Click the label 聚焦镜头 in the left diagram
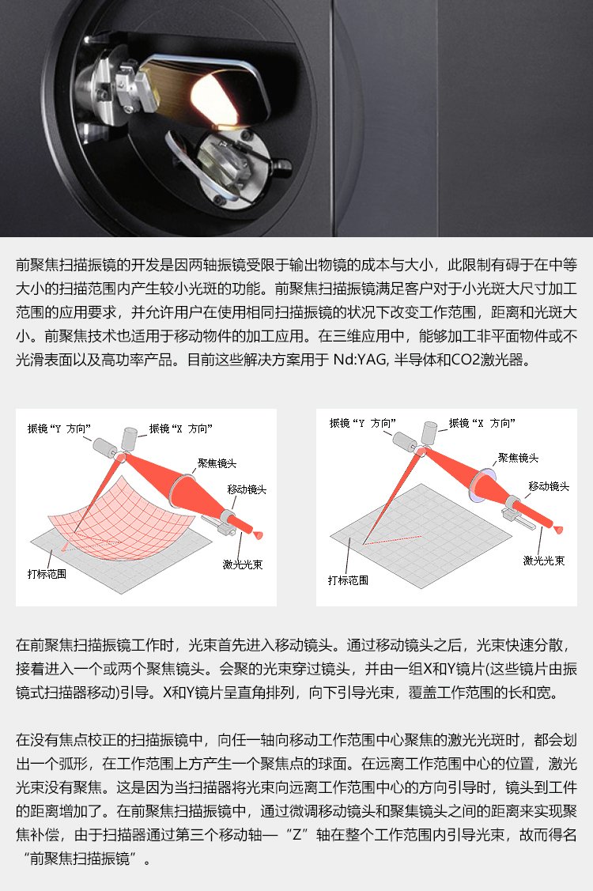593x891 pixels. pos(217,463)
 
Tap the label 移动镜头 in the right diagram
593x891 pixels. pos(549,486)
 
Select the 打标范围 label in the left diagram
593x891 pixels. pos(47,574)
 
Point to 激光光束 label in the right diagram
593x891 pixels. pos(544,561)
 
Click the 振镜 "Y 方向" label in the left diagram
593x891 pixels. pos(59,429)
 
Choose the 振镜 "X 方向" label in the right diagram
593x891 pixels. pos(482,423)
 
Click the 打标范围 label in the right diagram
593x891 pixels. pos(348,580)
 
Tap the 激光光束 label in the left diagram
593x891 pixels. pos(243,564)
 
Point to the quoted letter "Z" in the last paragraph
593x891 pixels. pos(296,835)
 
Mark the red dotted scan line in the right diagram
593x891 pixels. pos(392,540)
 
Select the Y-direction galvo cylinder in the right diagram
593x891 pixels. pos(405,441)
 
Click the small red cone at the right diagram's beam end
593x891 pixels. pos(558,530)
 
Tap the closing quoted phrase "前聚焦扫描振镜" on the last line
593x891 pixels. pos(80,859)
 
